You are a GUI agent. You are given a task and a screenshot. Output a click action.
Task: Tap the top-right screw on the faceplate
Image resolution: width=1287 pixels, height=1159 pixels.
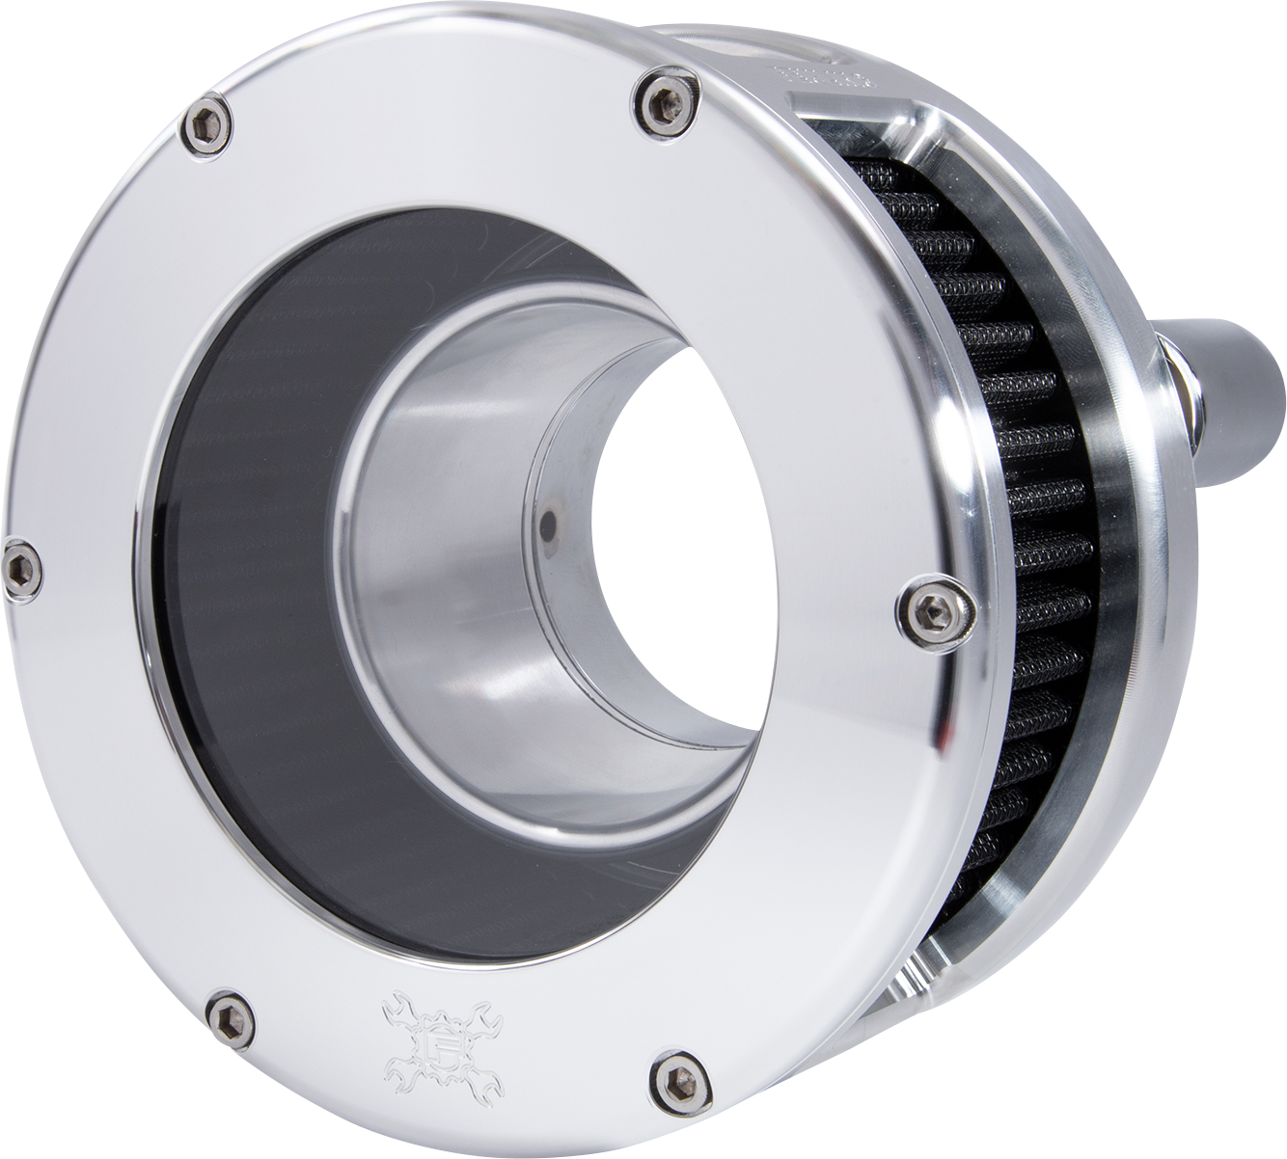pyautogui.click(x=664, y=99)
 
